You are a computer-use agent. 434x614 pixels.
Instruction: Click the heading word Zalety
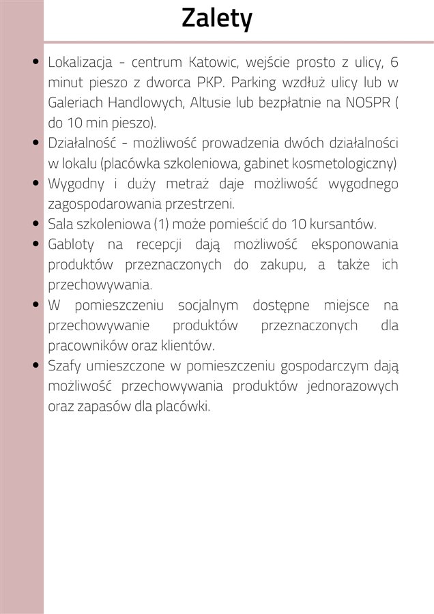[217, 19]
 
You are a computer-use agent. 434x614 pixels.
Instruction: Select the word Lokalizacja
[80, 63]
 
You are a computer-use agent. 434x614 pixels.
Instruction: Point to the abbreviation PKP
[209, 83]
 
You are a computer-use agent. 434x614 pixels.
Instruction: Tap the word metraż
[188, 184]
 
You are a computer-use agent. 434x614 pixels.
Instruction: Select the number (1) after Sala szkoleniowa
[158, 224]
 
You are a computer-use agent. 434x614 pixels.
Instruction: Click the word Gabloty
[72, 244]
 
